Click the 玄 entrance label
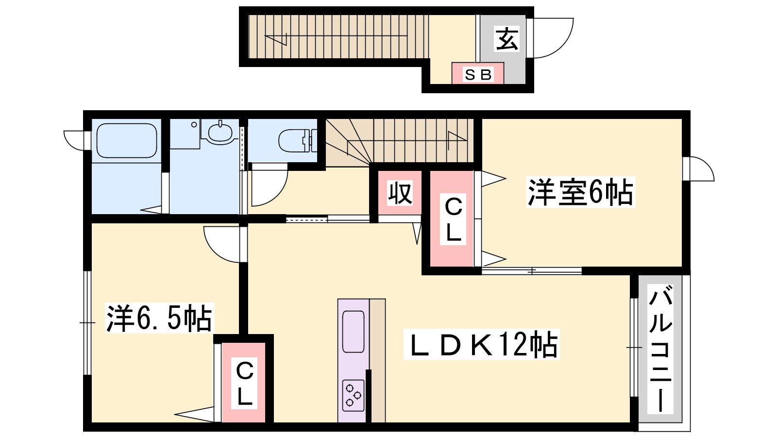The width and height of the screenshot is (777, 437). coord(507,39)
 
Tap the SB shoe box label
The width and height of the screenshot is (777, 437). coord(478,75)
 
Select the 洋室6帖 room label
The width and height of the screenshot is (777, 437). coord(580,192)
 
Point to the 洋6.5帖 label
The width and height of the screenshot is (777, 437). coord(159,318)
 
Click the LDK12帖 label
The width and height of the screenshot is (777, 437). coord(482,344)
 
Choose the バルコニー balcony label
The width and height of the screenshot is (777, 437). coord(660,349)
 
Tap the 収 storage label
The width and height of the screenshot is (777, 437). coord(400,193)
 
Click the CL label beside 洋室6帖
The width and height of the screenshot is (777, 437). coord(453,219)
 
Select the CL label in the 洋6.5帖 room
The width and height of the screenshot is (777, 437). coord(245,383)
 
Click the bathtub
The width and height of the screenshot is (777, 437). coord(127,140)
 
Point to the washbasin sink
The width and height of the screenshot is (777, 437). coord(220,132)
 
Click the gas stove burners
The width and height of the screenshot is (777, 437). coord(353,396)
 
